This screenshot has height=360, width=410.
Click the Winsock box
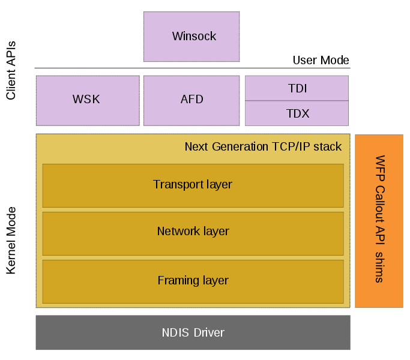(191, 37)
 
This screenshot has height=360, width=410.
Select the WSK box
(87, 100)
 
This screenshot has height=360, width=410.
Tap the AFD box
(191, 100)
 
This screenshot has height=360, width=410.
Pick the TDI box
(297, 88)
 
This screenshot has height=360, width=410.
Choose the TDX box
(297, 113)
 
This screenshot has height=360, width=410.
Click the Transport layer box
(193, 185)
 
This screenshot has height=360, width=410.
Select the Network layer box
(193, 232)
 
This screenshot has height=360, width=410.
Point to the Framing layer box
(193, 280)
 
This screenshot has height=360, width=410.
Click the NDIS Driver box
(193, 332)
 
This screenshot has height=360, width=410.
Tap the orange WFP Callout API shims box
(379, 221)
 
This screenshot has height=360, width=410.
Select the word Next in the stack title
(196, 147)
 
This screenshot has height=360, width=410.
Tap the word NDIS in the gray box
(175, 332)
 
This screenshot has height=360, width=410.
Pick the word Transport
(177, 185)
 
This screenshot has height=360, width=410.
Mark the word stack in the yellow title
(328, 147)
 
